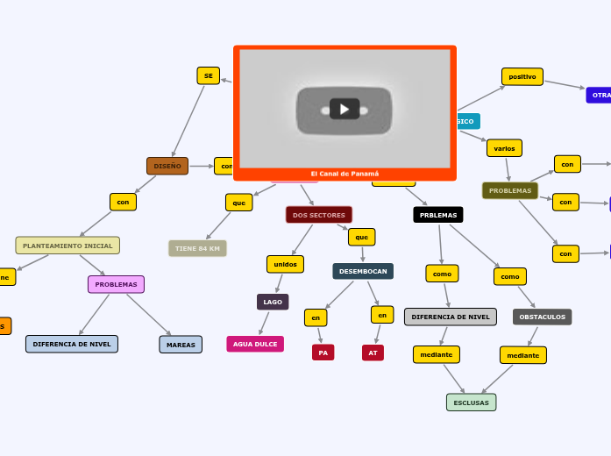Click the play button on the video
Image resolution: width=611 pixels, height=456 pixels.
coord(345,109)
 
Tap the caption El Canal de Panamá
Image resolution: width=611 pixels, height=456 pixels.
coord(345,174)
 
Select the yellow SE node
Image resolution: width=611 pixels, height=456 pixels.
coord(208,75)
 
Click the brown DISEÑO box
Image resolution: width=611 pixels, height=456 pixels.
coord(167,166)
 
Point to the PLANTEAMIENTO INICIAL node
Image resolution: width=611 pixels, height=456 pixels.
coord(67,246)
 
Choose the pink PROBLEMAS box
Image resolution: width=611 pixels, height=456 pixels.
coord(116,284)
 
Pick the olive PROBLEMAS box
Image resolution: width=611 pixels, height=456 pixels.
coord(510,190)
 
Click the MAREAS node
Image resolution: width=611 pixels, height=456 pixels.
coord(181,345)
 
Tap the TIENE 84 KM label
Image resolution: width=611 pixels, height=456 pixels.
coord(197,248)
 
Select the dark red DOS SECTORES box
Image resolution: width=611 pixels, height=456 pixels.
coord(319,215)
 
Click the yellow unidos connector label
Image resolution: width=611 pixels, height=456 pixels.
coord(285,264)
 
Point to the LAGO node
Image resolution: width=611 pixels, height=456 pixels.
coord(273,302)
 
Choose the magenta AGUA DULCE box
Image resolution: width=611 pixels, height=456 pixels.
coord(255,344)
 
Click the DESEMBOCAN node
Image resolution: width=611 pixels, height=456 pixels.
coord(363,271)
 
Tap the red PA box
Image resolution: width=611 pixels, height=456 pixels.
coord(323,353)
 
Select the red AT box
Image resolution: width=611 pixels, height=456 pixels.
coord(373,353)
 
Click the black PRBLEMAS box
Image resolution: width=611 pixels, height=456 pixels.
coord(438,215)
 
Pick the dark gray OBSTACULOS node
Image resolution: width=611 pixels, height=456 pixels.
coord(542,317)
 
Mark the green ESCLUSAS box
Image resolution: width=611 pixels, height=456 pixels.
coord(471,403)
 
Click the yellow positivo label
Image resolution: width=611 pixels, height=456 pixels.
coord(522,76)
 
